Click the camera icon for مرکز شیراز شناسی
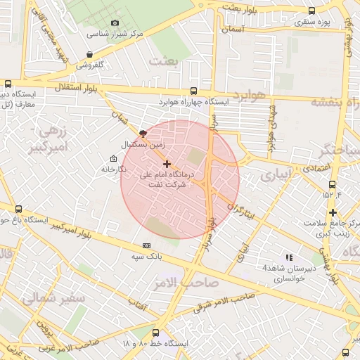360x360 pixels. [115, 23]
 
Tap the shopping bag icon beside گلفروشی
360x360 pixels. [89, 55]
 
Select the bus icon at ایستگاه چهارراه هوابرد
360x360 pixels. [194, 91]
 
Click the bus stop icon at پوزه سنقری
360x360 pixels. [311, 11]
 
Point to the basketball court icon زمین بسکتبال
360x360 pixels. [143, 133]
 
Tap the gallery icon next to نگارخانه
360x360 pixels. [115, 158]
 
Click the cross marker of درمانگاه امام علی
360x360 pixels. [167, 164]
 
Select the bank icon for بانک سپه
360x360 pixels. [146, 245]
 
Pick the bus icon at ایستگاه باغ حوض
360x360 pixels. [18, 209]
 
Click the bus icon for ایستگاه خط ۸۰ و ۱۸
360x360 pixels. [155, 333]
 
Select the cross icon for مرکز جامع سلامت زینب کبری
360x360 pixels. [333, 213]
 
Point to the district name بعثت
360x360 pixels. [165, 63]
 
